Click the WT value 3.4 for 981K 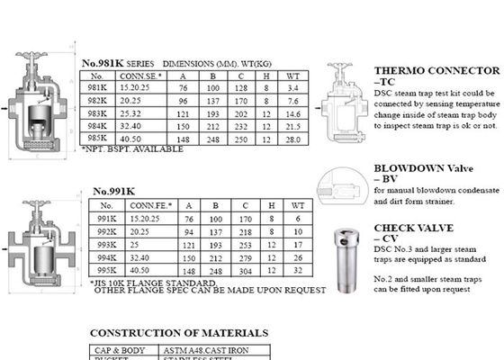pos(293,88)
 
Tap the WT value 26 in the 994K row pos(297,256)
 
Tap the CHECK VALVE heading pos(413,228)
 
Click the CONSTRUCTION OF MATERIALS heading pos(178,333)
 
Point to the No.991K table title pos(112,191)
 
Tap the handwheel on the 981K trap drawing pos(35,56)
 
